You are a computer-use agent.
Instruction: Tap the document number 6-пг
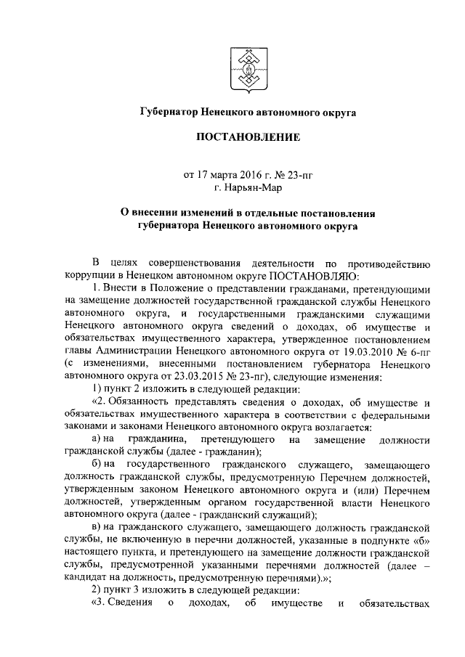[x=425, y=351]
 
